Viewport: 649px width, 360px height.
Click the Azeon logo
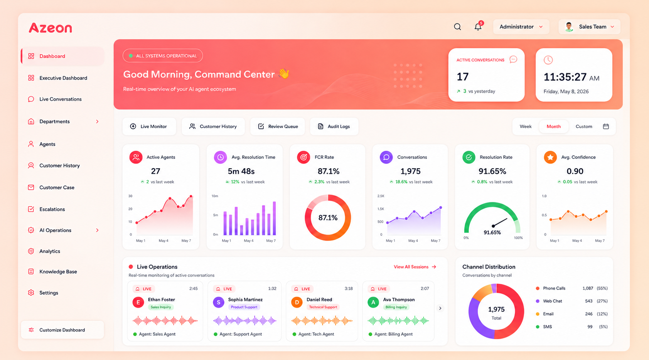pos(51,28)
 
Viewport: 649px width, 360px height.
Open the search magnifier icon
pos(457,27)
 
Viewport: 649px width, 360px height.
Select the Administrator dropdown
pos(521,27)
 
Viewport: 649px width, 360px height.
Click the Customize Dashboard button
pos(62,330)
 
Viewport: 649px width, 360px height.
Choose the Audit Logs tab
pos(334,126)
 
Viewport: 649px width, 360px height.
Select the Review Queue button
pos(278,126)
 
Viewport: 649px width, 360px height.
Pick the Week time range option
pos(525,126)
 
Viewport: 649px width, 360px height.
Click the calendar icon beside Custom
pos(606,126)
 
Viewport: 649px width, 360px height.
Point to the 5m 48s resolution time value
pos(241,171)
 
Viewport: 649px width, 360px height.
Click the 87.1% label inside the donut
pos(328,217)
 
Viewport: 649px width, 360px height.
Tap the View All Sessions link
pos(415,267)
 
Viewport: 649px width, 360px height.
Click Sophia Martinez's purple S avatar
pos(219,302)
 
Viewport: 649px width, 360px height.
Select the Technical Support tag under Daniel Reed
pos(323,307)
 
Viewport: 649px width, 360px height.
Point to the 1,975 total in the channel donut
pos(496,310)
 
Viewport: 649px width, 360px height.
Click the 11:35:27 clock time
pos(565,77)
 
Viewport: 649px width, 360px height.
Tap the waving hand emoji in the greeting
pos(284,74)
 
